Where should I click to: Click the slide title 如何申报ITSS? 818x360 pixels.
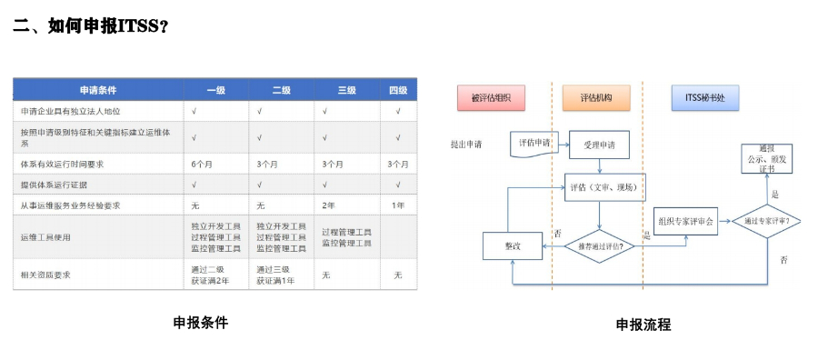coord(91,25)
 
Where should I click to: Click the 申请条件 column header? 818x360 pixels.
coord(98,90)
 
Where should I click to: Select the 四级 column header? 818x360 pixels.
coord(398,90)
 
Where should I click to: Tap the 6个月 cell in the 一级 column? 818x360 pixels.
coord(202,165)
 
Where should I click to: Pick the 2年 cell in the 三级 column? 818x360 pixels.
coord(328,205)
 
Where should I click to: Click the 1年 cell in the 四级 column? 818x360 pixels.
coord(398,205)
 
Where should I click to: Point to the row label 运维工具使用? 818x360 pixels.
coord(45,236)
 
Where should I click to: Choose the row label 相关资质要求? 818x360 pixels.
coord(45,275)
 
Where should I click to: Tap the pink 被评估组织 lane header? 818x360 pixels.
coord(492,96)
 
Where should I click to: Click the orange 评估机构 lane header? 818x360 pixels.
coord(595,96)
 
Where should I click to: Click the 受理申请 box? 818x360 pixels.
coord(599,145)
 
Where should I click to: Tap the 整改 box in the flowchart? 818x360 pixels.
coord(513,245)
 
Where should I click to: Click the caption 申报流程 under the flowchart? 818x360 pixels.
coord(643,325)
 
